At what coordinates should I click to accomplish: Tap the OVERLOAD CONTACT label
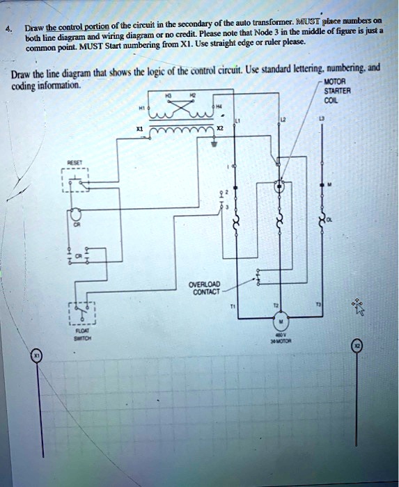click(204, 288)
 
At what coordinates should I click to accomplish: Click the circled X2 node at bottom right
click(357, 346)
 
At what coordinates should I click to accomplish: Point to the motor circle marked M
click(280, 323)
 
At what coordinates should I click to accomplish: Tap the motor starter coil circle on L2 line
click(280, 186)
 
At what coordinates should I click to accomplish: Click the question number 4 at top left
click(8, 31)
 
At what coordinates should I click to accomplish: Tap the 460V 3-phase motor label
click(280, 339)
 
